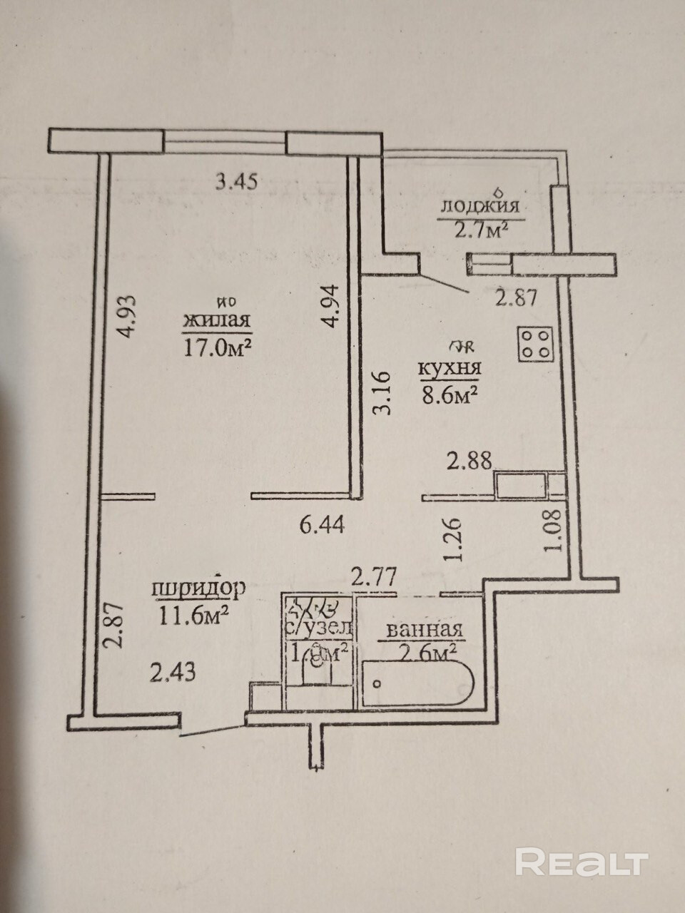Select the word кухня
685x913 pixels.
449,369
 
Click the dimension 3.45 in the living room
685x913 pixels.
236,182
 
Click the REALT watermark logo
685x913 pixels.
581,862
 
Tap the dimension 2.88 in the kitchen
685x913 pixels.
469,460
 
